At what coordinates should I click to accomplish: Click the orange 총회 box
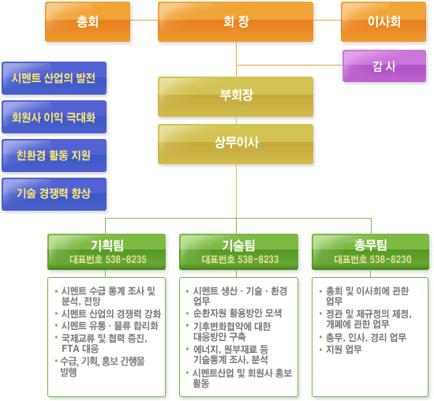tap(88, 21)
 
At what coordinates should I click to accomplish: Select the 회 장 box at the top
tap(236, 21)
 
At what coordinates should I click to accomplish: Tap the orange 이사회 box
tap(383, 21)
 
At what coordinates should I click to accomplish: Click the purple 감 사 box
tap(384, 66)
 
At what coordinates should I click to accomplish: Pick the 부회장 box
tap(236, 96)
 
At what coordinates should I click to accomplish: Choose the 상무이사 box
tap(236, 144)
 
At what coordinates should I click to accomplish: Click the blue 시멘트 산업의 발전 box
tap(54, 78)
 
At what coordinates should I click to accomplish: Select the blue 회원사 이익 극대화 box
tap(54, 117)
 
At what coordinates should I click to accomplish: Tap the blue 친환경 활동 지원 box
tap(54, 156)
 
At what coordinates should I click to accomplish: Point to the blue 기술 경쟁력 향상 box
tap(54, 194)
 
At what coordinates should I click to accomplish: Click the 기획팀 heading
tap(107, 245)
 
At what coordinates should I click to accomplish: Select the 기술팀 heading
tap(238, 245)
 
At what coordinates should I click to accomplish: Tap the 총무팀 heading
tap(371, 245)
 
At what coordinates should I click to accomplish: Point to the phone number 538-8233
tap(258, 260)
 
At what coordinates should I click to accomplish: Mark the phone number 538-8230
tap(391, 259)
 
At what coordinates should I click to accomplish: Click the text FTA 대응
tap(80, 348)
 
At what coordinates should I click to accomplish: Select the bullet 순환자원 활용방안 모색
tap(238, 313)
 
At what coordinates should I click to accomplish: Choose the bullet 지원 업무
tap(344, 350)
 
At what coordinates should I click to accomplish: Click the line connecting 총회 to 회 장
tap(144, 21)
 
